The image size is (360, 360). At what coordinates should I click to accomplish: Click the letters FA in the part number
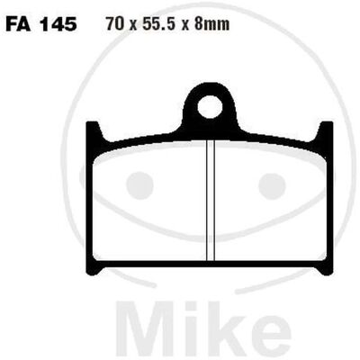pos(18,24)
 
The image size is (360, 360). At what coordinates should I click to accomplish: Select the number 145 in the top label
pos(58,24)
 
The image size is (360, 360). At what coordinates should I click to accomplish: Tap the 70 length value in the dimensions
pos(114,24)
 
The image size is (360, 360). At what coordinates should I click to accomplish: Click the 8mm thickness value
pos(211,24)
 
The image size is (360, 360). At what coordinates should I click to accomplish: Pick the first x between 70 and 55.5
pos(132,26)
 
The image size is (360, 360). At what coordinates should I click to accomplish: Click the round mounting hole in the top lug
pos(210,107)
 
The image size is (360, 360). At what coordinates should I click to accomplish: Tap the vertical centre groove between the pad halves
pos(211,200)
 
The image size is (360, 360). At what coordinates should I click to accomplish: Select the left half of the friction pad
pos(149,202)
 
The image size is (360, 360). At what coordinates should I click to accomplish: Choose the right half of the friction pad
pos(271,202)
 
